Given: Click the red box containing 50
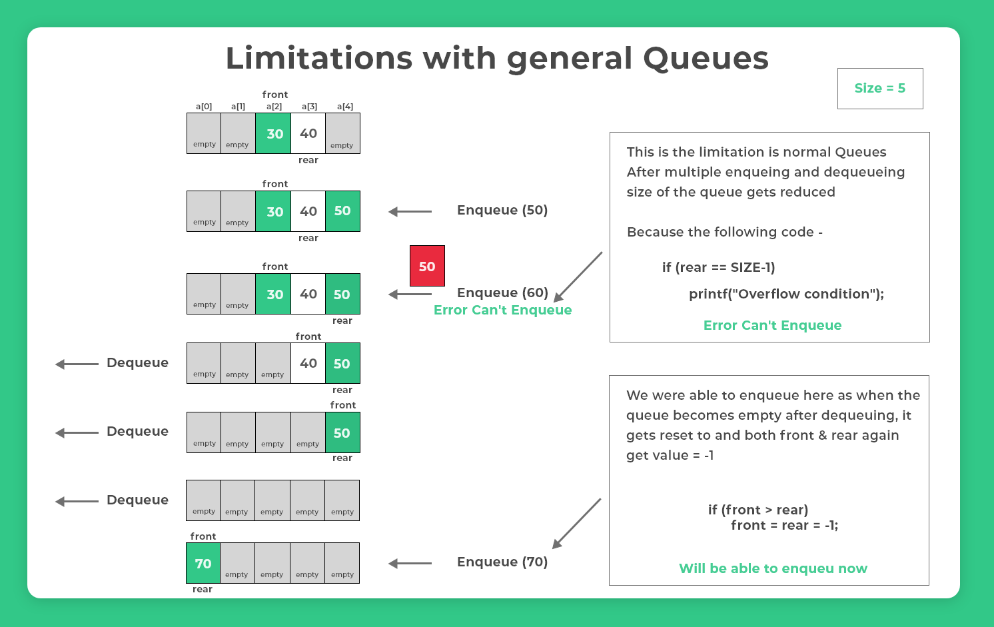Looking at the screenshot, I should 427,266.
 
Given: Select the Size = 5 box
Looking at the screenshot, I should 879,88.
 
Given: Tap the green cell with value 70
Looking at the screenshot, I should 203,563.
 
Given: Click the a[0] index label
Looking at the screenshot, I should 204,107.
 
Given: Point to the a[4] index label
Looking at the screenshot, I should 344,107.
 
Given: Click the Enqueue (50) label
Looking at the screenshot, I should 502,211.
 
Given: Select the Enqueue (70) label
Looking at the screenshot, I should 502,562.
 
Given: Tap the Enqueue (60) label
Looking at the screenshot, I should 502,293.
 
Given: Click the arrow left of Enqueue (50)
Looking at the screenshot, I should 410,211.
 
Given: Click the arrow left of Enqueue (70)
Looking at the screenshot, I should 410,563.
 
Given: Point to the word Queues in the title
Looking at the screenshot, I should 706,59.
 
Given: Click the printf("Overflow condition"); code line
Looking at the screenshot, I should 786,294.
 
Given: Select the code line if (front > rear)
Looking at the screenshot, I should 758,510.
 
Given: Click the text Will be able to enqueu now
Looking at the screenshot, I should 773,568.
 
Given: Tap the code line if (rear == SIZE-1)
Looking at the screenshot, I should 718,267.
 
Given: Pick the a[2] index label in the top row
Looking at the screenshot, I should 274,107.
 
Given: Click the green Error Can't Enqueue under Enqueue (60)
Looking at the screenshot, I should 502,310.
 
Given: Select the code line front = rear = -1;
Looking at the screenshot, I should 784,525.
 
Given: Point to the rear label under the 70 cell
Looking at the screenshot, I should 203,589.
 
